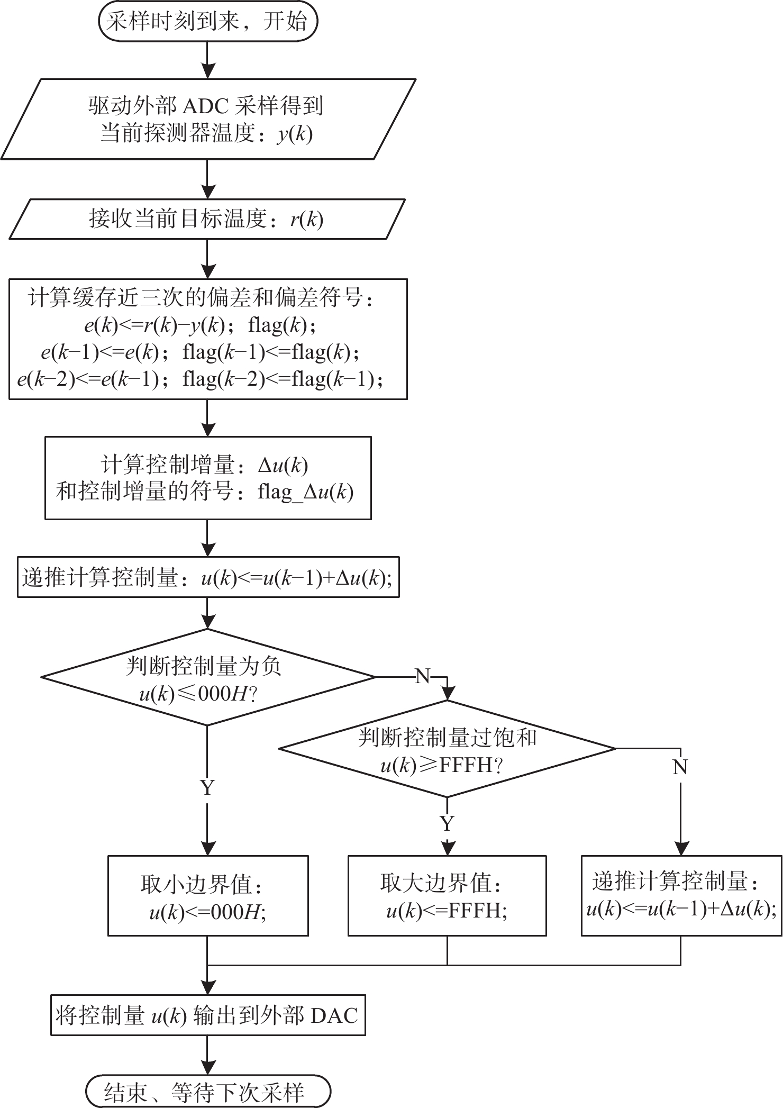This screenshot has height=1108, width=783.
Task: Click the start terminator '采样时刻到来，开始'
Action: (x=208, y=22)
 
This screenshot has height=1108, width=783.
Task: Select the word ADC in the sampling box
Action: (x=205, y=107)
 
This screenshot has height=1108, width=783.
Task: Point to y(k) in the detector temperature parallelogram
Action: (x=295, y=134)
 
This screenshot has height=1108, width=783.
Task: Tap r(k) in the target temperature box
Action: (x=306, y=219)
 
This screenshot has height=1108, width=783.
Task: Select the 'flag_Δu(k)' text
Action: (x=305, y=493)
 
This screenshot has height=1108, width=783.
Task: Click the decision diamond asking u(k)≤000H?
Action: (x=208, y=677)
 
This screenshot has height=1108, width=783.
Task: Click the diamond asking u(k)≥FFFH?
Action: (x=447, y=749)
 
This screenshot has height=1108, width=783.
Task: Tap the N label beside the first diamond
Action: (x=423, y=676)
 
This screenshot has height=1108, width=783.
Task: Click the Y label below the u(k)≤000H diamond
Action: (x=207, y=788)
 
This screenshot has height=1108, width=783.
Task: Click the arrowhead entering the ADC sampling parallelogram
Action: (x=208, y=71)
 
